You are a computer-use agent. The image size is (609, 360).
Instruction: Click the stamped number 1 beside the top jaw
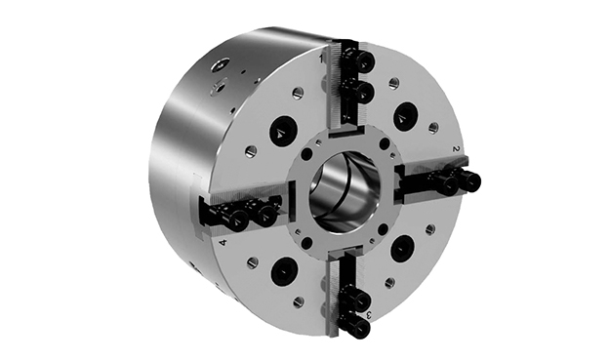[321, 59]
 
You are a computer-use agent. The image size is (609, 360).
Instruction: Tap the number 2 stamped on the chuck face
[457, 148]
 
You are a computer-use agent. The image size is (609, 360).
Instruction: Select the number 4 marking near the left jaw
[223, 243]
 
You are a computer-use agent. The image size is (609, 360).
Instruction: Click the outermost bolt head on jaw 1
[364, 60]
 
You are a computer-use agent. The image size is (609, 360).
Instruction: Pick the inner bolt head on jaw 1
[364, 92]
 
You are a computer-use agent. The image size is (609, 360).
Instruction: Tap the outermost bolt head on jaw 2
[471, 180]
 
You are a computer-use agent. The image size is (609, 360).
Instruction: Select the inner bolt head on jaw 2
[450, 185]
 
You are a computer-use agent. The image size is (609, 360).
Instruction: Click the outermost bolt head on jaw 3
[360, 329]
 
